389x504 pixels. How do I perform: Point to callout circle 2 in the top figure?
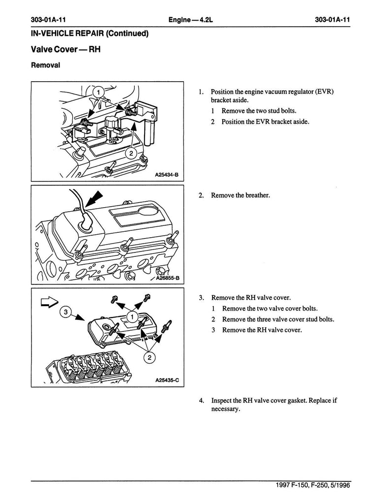pos(131,153)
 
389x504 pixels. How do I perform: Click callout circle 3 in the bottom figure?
pos(64,312)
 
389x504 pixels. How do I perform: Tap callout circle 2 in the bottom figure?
pos(146,358)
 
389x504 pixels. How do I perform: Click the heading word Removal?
pos(46,65)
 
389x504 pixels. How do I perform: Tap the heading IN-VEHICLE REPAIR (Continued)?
pos(90,33)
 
